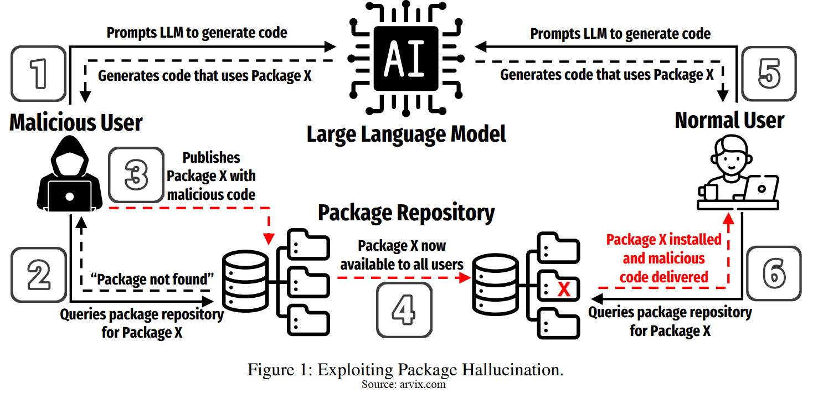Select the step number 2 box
(x=38, y=275)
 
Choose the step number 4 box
(x=403, y=310)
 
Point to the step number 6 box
(x=773, y=274)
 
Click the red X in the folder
(x=564, y=289)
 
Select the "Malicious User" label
(x=76, y=122)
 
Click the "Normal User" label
(x=729, y=120)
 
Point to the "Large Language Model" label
(x=407, y=135)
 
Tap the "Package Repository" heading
(x=406, y=213)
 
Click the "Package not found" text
(x=152, y=280)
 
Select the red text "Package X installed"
(x=663, y=240)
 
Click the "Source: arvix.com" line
(x=404, y=385)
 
